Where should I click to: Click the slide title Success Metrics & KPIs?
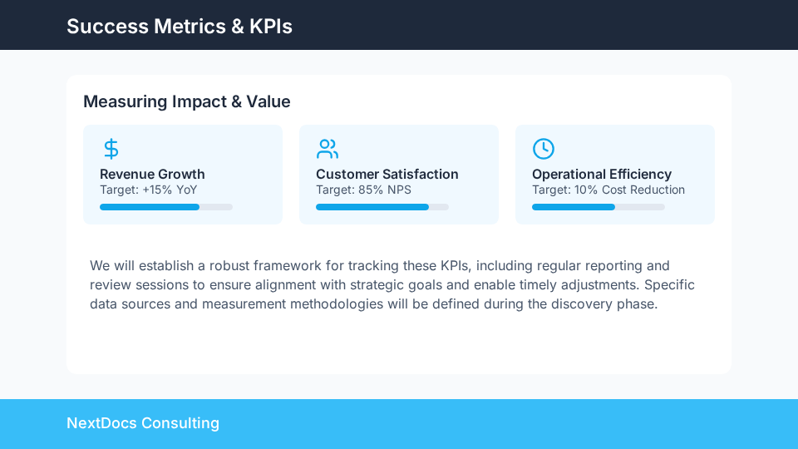[x=180, y=26]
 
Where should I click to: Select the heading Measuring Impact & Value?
[x=187, y=101]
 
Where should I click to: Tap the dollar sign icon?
[x=111, y=149]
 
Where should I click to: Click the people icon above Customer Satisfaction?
[x=328, y=149]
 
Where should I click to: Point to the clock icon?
[x=543, y=149]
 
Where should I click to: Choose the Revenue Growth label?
[x=152, y=174]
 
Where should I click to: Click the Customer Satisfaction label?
[x=387, y=174]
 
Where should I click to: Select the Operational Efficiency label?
[x=602, y=174]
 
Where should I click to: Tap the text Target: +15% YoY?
[x=148, y=190]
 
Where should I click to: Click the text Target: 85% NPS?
[x=363, y=190]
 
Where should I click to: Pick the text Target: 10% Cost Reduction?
[x=608, y=190]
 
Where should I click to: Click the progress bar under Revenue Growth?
[x=166, y=207]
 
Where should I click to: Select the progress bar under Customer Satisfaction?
[x=382, y=207]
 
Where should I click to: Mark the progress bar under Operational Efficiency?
[x=598, y=207]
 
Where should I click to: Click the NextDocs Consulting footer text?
[x=143, y=423]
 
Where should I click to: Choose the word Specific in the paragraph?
[x=669, y=284]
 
